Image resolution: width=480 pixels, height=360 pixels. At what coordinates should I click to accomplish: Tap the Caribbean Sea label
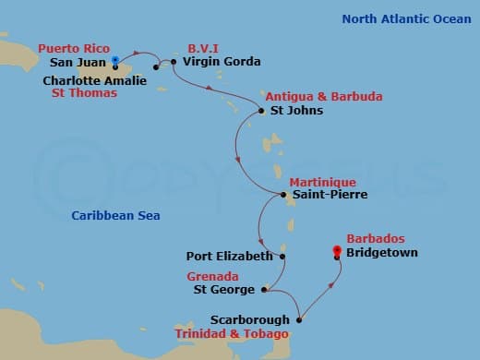(x=116, y=216)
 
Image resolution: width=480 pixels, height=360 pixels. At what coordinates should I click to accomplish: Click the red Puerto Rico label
(x=75, y=49)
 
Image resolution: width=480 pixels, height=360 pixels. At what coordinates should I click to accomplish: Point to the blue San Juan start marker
(x=114, y=60)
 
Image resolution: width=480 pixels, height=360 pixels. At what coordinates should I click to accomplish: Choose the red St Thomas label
(x=85, y=93)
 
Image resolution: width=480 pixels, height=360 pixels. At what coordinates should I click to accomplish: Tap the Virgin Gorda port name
(x=222, y=62)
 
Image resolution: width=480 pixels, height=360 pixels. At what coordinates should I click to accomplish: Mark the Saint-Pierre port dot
(x=282, y=194)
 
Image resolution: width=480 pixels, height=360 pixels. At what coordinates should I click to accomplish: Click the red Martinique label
(x=318, y=181)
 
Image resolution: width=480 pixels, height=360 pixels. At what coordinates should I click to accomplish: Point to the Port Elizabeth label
(x=229, y=256)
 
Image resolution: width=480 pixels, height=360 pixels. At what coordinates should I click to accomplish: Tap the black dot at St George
(x=264, y=290)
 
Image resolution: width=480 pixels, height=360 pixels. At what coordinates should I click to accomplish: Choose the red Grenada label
(x=213, y=276)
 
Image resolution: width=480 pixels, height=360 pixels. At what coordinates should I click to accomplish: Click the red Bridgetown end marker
(x=337, y=258)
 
